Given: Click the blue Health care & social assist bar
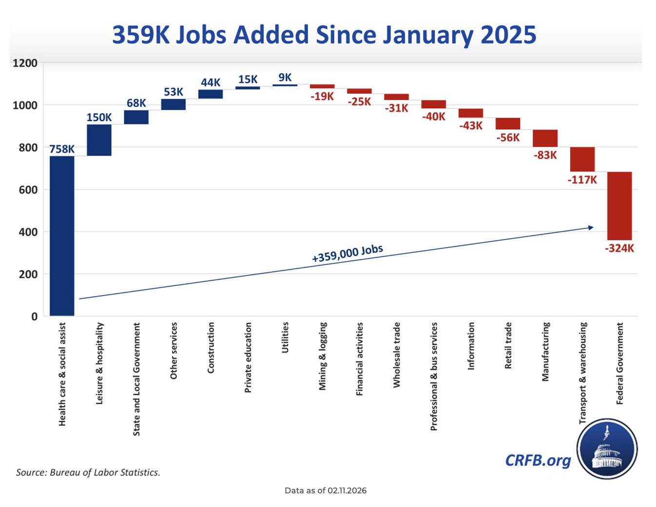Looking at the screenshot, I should coord(62,236).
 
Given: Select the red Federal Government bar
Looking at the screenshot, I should coord(619,206).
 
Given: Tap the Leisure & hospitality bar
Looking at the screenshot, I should coord(99,140).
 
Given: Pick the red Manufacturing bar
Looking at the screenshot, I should coord(545,138).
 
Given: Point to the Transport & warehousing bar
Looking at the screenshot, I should coord(582,159).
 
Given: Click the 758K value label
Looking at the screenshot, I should coord(62,149).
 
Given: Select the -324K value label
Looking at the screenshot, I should coord(619,249).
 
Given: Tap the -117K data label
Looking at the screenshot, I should coord(582,180).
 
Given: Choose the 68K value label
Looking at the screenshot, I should coord(136,103).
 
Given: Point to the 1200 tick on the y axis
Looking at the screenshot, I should coord(25,63).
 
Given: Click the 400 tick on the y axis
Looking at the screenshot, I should coord(28,232).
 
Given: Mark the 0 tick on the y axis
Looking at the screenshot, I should coord(34,316).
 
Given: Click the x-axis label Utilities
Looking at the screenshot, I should coord(285,337).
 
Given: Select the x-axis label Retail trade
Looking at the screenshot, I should coord(508,345).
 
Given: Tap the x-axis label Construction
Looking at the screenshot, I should coord(211,348).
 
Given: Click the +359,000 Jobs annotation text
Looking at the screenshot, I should coord(347,253).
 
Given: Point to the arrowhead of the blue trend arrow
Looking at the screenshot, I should coord(591,227).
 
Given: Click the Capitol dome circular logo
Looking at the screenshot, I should coord(607,449).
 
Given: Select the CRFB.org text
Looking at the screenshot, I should coord(538,460).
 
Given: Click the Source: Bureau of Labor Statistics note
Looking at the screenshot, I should coord(88,472).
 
